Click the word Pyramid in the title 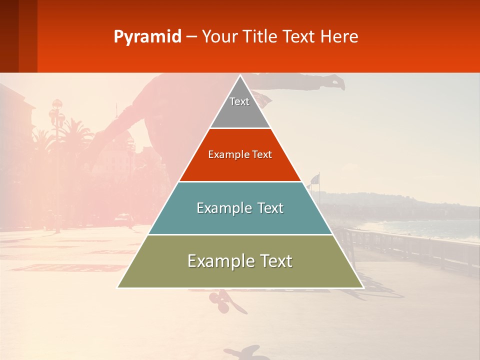click(147, 36)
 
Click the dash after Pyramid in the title click(191, 36)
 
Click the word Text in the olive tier click(274, 261)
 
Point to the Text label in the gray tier click(239, 101)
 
